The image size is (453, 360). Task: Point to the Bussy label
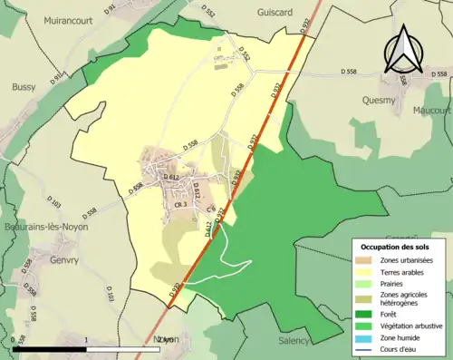24,87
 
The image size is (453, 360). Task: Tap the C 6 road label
210,209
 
